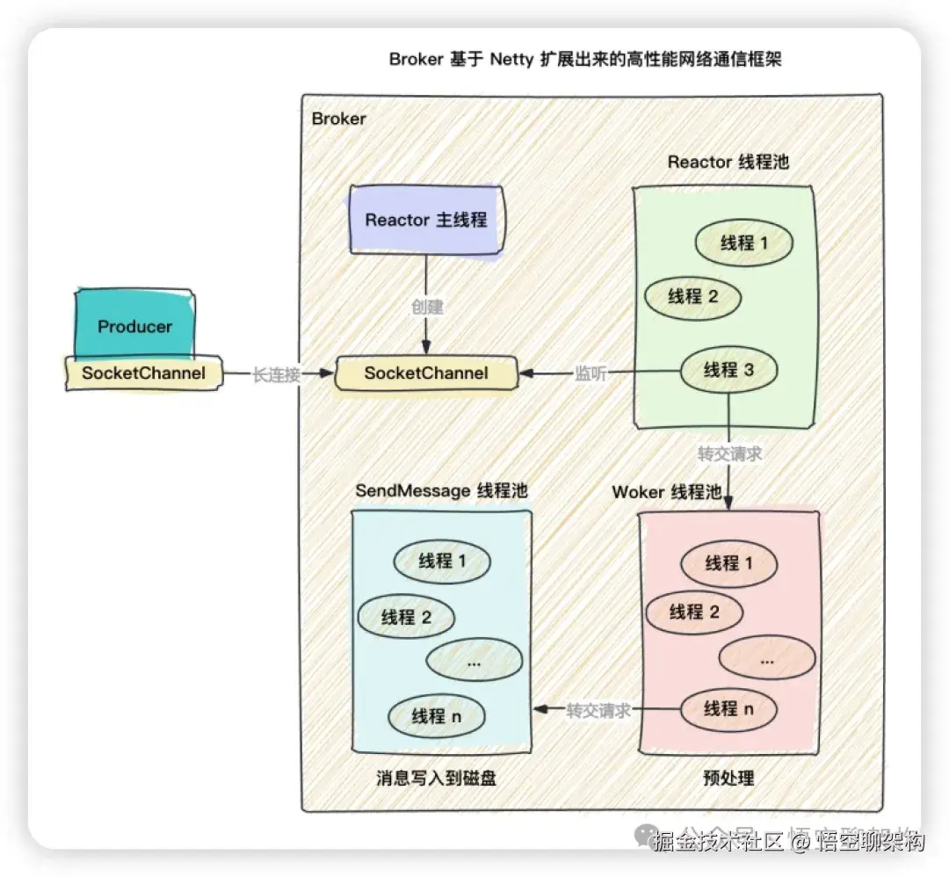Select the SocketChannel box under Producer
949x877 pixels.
[x=143, y=373]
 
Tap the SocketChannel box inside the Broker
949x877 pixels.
[x=426, y=373]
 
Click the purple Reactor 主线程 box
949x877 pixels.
[x=426, y=220]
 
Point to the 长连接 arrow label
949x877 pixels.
[x=276, y=373]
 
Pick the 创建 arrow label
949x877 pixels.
[x=427, y=307]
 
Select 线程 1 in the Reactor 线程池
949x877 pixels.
[x=744, y=243]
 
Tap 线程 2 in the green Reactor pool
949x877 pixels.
[x=692, y=296]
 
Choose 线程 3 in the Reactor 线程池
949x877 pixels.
[x=728, y=370]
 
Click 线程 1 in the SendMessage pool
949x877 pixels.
[x=441, y=559]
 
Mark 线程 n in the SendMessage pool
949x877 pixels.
[x=437, y=715]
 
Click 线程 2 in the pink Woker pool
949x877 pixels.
[x=694, y=611]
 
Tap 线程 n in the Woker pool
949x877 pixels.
[x=729, y=708]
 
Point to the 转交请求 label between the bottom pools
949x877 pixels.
[x=598, y=710]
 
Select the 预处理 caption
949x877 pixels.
[x=728, y=778]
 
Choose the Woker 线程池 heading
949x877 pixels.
[x=667, y=491]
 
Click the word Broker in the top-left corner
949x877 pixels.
[x=339, y=118]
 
